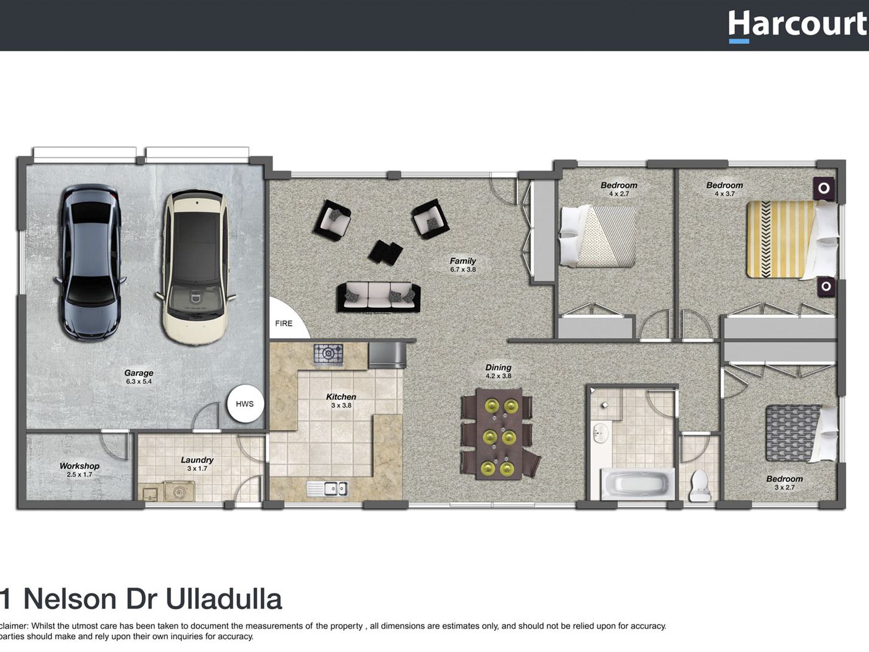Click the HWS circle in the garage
coord(245,404)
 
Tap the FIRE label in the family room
coord(283,323)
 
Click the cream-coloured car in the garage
coord(196,268)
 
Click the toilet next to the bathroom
coord(699,485)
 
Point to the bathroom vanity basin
coord(600,433)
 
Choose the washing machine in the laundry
coord(179,491)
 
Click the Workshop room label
coord(79,466)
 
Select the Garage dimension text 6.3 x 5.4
coord(139,382)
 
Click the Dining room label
coord(498,367)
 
